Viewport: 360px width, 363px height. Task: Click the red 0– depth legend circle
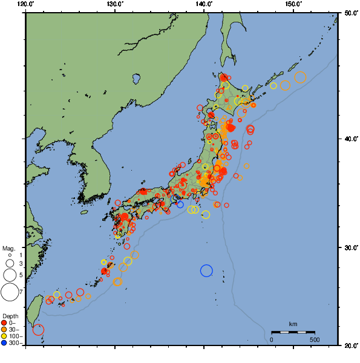click(x=5, y=322)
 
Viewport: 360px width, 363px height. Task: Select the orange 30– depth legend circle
click(x=5, y=329)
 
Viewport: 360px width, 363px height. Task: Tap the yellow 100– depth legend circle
click(x=5, y=336)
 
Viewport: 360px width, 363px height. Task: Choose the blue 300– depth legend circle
click(x=5, y=342)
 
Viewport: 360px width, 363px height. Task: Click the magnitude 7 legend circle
click(x=9, y=292)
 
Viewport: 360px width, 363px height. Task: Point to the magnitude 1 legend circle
click(x=10, y=256)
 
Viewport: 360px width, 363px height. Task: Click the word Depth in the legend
click(x=10, y=316)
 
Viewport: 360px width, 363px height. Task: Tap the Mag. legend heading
click(x=8, y=248)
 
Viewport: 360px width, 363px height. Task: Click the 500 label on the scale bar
click(x=315, y=339)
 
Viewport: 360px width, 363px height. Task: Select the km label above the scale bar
click(x=293, y=325)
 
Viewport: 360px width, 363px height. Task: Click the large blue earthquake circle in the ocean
click(x=206, y=270)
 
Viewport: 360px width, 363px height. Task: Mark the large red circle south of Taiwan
click(x=38, y=330)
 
